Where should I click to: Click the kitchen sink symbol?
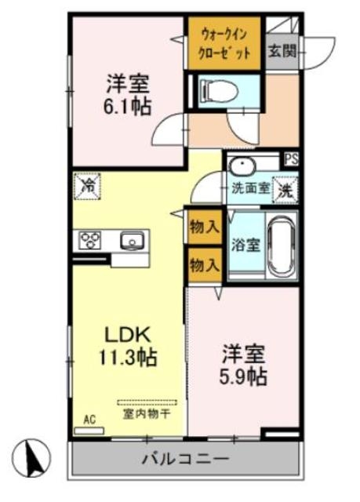pos(131,239)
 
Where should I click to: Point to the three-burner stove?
pos(89,239)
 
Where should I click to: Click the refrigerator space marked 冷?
pos(88,186)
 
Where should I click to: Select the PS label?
pos(291,157)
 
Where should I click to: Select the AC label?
pos(89,420)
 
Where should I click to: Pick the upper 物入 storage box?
pos(204,228)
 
